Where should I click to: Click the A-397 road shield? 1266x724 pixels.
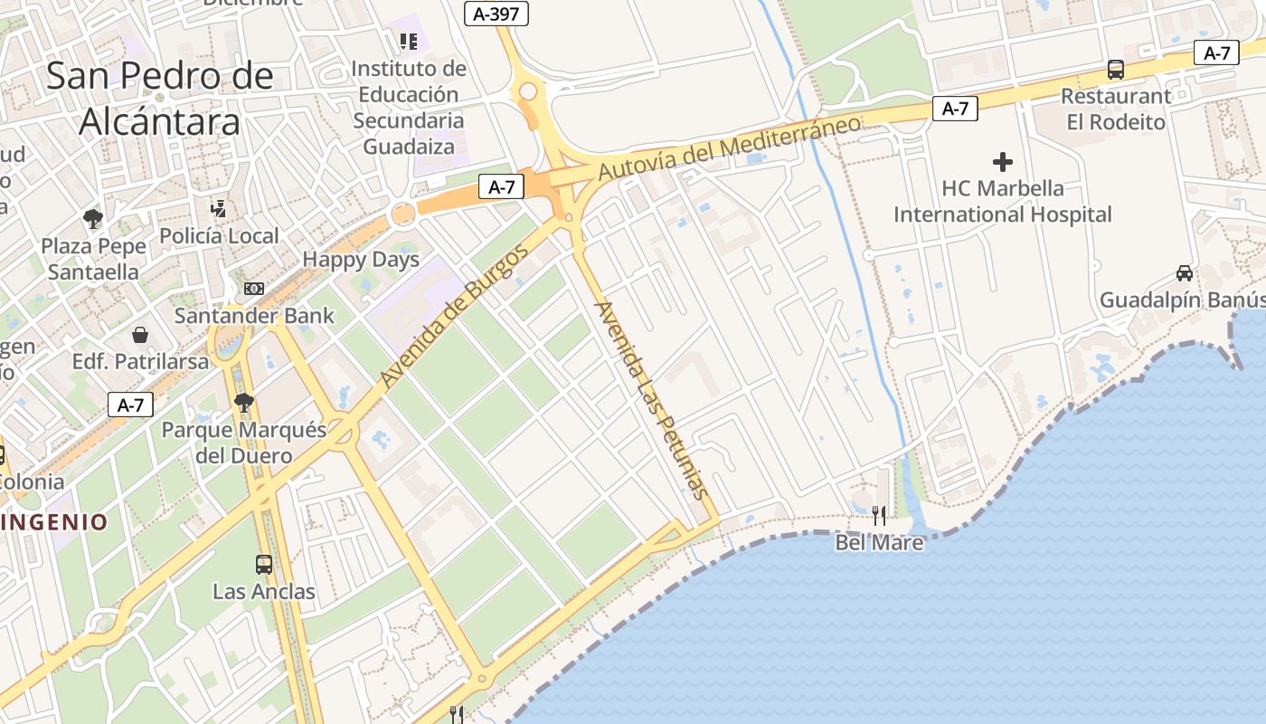[496, 14]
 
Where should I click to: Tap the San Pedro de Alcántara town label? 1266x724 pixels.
[159, 98]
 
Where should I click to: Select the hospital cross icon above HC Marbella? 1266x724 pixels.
[1002, 162]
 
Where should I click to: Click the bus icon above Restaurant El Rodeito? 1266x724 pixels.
[1116, 70]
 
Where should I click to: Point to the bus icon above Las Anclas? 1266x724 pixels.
[264, 565]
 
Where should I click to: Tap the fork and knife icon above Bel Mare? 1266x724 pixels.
[878, 516]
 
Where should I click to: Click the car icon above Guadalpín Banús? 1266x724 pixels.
[1184, 272]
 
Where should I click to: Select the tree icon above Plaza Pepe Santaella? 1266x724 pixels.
[92, 218]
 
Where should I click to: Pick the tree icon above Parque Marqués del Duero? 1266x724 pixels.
[242, 403]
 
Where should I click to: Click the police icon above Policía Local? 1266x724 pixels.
[218, 209]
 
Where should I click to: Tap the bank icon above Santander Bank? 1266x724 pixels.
[254, 289]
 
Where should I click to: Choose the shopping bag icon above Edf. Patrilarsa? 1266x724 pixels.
[140, 335]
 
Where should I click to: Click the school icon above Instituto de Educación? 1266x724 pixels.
[409, 42]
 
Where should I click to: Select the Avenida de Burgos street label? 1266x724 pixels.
[454, 316]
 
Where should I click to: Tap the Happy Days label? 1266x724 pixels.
[361, 260]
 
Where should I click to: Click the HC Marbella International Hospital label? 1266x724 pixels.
[1002, 202]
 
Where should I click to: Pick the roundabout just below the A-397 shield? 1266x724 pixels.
[527, 90]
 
